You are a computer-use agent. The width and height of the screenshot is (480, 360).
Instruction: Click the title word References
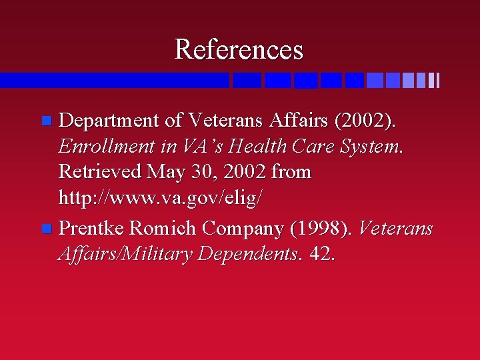(x=239, y=49)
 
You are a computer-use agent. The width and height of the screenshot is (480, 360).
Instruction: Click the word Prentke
(x=91, y=228)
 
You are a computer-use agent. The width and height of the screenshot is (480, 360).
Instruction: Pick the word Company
(x=243, y=229)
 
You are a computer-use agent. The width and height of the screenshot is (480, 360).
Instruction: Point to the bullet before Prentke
(x=46, y=229)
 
